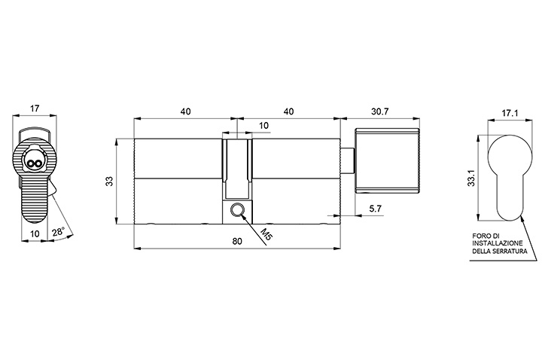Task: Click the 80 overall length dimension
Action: coord(237,241)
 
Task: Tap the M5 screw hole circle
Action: coord(237,209)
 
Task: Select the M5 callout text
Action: coord(266,234)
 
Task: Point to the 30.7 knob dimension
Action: coord(380,111)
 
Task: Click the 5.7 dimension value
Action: coord(375,208)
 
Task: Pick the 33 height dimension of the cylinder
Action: coord(110,182)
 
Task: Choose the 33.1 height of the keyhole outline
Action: coord(471,178)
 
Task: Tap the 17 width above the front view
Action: coord(34,108)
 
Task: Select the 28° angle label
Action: coord(59,232)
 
